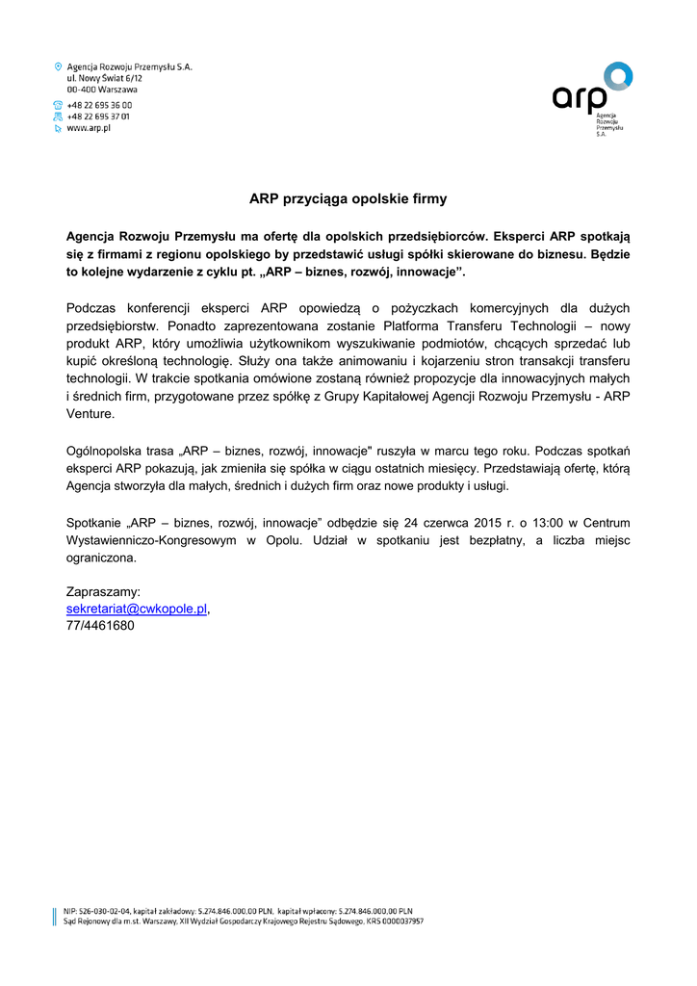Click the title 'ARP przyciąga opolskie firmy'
tap(348, 199)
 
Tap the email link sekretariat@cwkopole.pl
tap(137, 609)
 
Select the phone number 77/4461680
tap(100, 626)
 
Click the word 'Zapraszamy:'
tap(103, 591)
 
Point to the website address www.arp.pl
tap(89, 127)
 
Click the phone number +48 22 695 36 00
tap(99, 105)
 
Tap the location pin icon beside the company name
tap(58, 66)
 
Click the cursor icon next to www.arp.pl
tap(58, 127)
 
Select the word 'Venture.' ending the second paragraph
tap(90, 414)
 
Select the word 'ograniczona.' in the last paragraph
tap(101, 558)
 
